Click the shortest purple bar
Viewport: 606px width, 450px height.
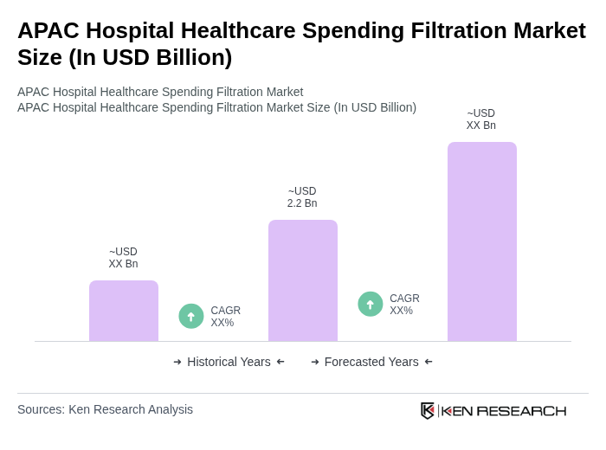pyautogui.click(x=124, y=311)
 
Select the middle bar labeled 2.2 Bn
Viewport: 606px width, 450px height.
pyautogui.click(x=303, y=280)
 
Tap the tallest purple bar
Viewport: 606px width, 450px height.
pyautogui.click(x=482, y=241)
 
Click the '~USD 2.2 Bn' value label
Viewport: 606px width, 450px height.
pyautogui.click(x=302, y=197)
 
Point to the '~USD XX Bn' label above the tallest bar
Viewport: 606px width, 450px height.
pyautogui.click(x=481, y=119)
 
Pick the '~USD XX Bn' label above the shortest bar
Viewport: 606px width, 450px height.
pyautogui.click(x=123, y=258)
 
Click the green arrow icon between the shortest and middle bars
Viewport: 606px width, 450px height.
pyautogui.click(x=191, y=316)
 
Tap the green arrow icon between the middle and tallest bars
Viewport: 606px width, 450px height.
pyautogui.click(x=371, y=304)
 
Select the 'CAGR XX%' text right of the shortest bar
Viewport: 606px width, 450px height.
pyautogui.click(x=225, y=317)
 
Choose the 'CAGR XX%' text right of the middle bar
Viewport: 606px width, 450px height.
pyautogui.click(x=404, y=305)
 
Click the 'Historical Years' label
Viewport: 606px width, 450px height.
pyautogui.click(x=229, y=362)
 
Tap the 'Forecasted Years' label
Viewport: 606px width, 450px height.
pyautogui.click(x=371, y=362)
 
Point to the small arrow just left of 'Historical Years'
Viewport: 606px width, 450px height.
pyautogui.click(x=177, y=362)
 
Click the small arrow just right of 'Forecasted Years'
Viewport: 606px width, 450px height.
pyautogui.click(x=429, y=362)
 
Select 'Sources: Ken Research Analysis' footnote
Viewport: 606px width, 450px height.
pyautogui.click(x=105, y=409)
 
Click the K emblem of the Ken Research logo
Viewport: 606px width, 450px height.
pyautogui.click(x=428, y=410)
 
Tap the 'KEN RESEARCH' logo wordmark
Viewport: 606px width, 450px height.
pyautogui.click(x=504, y=410)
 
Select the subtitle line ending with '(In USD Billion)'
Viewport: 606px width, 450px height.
pyautogui.click(x=216, y=107)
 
